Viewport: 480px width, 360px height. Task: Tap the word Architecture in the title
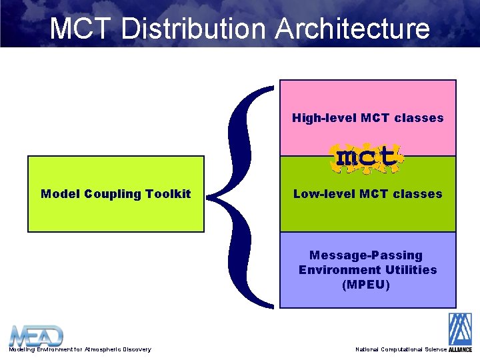[352, 29]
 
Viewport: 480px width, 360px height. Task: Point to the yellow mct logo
[366, 157]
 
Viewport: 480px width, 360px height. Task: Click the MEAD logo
[36, 335]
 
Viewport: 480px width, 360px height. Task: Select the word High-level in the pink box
[324, 118]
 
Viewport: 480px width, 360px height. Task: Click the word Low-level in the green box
[325, 194]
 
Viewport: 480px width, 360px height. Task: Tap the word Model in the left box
[61, 194]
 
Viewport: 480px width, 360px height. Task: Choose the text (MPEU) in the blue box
[366, 285]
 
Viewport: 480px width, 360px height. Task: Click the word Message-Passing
[366, 255]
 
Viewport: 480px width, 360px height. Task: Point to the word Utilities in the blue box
[411, 270]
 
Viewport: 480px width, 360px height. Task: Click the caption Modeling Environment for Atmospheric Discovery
[79, 349]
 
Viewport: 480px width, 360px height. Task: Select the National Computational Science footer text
[401, 349]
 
